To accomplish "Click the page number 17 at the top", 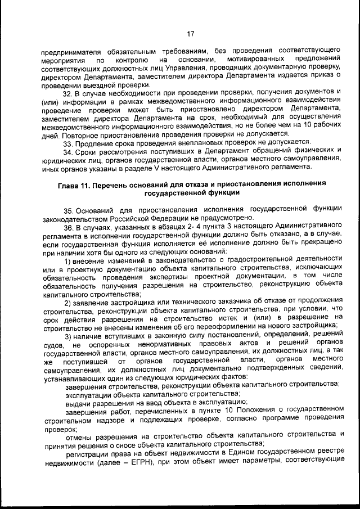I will coord(190,33).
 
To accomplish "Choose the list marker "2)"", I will coord(67,304).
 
